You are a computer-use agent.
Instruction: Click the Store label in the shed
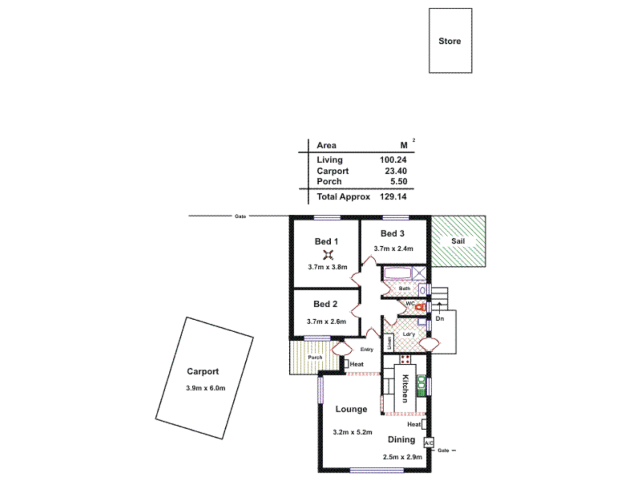point(450,41)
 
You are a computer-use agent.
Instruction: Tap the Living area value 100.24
point(393,160)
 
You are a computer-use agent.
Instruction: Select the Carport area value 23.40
point(395,171)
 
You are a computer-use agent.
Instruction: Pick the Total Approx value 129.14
point(393,197)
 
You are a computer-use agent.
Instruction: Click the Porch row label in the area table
point(329,182)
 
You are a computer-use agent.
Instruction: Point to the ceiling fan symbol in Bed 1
point(328,255)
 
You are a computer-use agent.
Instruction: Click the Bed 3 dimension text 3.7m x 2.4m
point(393,249)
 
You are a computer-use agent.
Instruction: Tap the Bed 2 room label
point(325,304)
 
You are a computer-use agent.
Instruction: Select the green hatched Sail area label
point(458,241)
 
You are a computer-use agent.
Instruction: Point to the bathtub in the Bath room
point(398,273)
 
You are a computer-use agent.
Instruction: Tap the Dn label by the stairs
point(440,318)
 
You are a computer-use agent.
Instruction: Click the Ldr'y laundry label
point(409,334)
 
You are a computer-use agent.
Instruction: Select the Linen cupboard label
point(389,343)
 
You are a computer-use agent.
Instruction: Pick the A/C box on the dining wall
point(429,443)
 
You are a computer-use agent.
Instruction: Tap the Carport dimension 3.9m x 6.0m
point(205,388)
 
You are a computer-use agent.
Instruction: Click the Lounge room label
point(351,409)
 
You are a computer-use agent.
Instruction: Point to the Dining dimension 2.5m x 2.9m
point(402,457)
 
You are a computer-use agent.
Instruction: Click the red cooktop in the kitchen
point(405,359)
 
